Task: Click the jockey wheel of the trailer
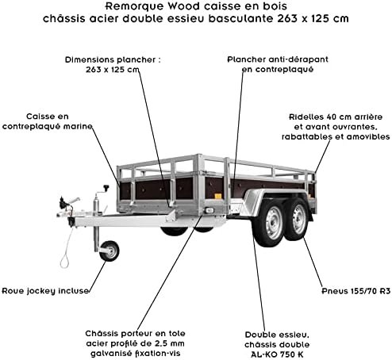tap(110, 251)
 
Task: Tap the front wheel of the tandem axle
tap(269, 223)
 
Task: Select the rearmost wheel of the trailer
tap(298, 219)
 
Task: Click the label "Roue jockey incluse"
tap(45, 291)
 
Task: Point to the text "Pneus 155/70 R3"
tap(356, 291)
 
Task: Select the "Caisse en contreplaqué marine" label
tap(47, 121)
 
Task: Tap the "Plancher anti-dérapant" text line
tap(278, 59)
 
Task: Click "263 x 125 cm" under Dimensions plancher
tap(113, 70)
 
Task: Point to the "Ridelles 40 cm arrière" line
tap(336, 117)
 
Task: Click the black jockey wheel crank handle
tap(106, 188)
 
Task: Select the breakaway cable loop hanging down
tap(65, 262)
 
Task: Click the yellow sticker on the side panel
tap(217, 196)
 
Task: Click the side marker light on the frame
tap(209, 211)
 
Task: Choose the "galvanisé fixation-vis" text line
tap(136, 354)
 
